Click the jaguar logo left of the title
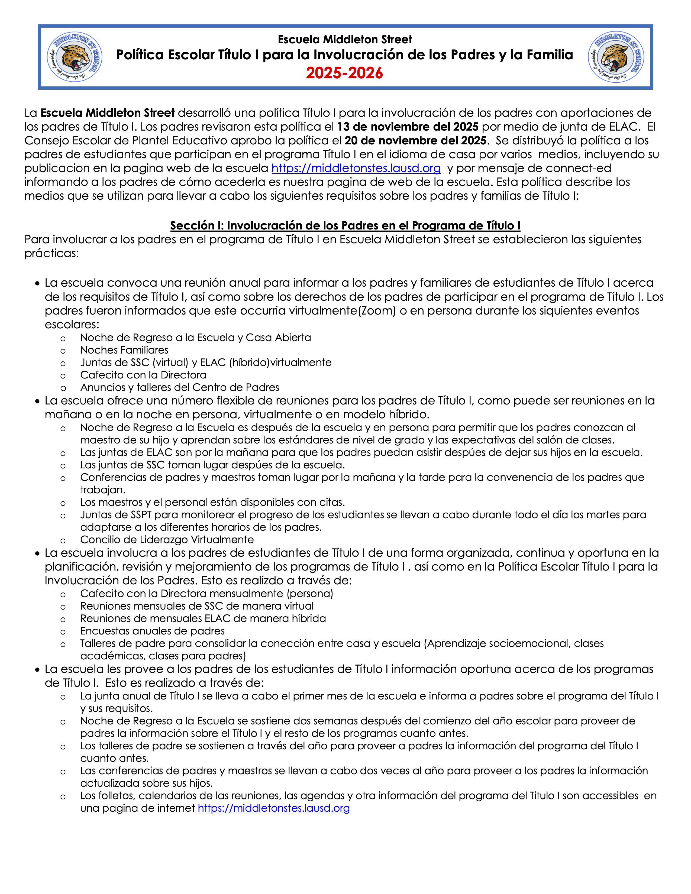(x=75, y=57)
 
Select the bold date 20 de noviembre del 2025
(x=415, y=140)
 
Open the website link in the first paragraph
(x=356, y=168)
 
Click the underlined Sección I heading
(x=345, y=226)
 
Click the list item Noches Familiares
(x=124, y=350)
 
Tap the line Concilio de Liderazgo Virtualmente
(x=167, y=539)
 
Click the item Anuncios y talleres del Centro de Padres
(x=179, y=387)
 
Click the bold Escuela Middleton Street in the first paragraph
(x=108, y=113)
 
